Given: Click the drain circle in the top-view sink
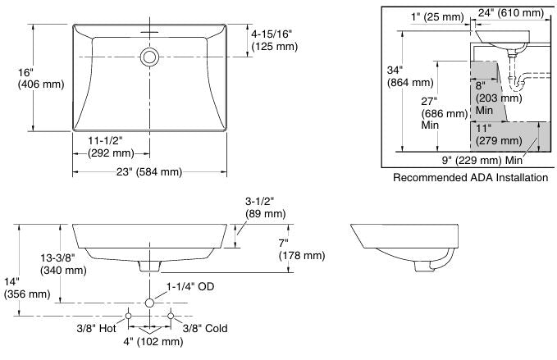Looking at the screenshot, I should click(149, 57).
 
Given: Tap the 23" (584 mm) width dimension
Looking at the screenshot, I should click(150, 171).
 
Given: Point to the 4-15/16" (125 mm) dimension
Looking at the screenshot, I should click(275, 40).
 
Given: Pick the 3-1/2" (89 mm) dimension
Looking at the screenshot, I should click(265, 207).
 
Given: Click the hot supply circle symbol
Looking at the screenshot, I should click(128, 316).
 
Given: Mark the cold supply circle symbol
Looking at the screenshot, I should click(171, 316).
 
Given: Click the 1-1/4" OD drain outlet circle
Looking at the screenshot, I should click(149, 303).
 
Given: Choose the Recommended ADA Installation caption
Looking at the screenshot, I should click(470, 178).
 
